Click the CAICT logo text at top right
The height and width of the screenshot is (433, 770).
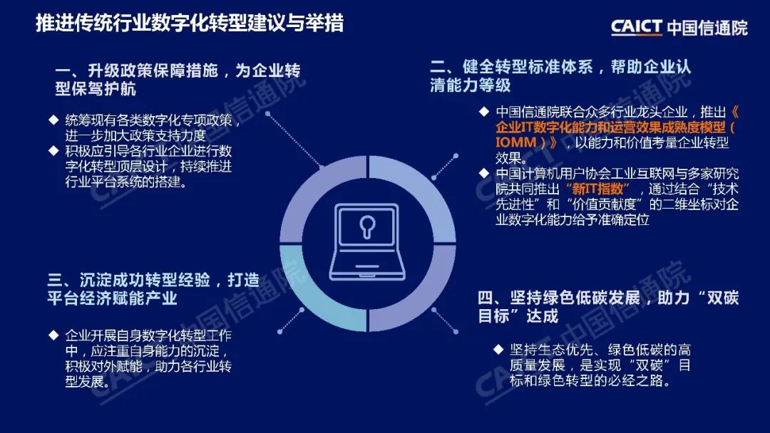tap(637, 27)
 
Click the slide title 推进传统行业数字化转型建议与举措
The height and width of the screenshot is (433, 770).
tap(190, 23)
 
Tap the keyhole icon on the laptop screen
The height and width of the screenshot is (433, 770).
tap(367, 226)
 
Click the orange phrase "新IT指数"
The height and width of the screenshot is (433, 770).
tap(597, 189)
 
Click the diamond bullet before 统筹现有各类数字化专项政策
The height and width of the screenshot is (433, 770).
tap(53, 120)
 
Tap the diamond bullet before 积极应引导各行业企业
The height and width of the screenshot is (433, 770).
tap(53, 150)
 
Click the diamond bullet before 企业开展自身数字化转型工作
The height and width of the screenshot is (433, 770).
tap(53, 335)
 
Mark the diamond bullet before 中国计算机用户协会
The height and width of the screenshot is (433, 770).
tap(484, 173)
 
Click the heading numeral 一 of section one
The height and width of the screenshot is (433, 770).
tap(62, 71)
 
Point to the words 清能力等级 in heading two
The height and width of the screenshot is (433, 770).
tap(470, 85)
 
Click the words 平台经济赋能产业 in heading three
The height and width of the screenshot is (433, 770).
tap(112, 298)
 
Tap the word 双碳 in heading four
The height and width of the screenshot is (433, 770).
tap(722, 298)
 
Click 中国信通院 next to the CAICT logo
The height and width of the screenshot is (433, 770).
tap(708, 28)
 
